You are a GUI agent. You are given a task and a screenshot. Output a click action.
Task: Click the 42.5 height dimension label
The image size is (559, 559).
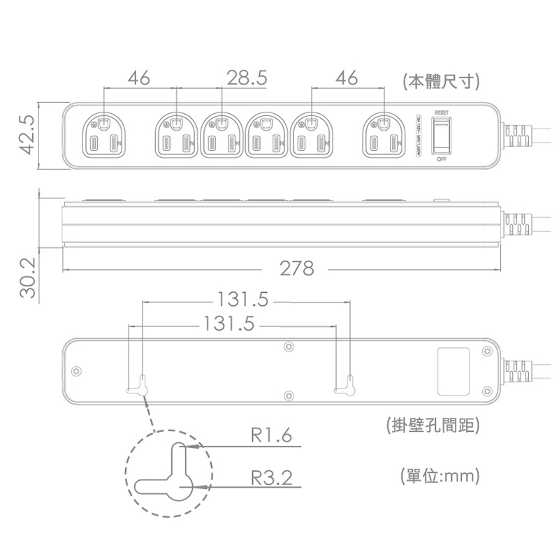[26, 136]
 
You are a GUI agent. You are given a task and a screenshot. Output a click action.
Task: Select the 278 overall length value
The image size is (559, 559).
[296, 268]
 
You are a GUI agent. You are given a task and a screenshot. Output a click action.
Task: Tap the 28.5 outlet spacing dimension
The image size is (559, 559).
[247, 78]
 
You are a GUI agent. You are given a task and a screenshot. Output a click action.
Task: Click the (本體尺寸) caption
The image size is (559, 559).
[441, 81]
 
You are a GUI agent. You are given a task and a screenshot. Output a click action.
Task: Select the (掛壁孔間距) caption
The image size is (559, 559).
[431, 425]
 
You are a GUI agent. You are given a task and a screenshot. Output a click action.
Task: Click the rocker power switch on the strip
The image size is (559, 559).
[442, 136]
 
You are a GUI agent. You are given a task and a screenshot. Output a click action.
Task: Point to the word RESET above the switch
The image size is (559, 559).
[442, 112]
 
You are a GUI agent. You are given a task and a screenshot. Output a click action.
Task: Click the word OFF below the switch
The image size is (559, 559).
[442, 159]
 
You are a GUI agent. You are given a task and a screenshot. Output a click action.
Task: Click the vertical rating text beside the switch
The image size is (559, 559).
[419, 136]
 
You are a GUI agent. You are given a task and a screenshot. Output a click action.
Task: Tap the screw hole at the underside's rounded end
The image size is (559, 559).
[77, 370]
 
